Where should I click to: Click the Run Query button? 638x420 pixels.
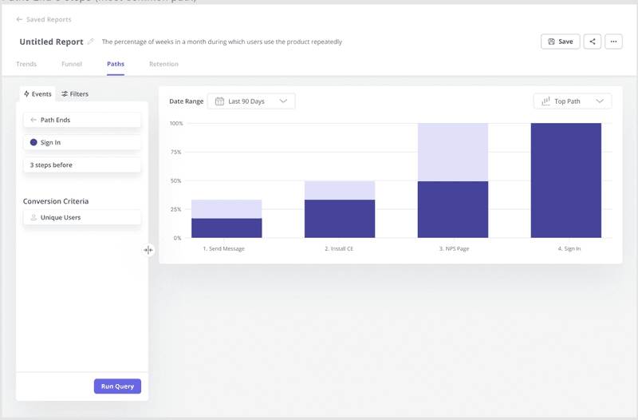coord(117,386)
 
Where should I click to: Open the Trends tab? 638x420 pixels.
coord(26,64)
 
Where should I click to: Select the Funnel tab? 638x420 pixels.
coord(72,64)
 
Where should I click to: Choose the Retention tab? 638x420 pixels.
coord(163,64)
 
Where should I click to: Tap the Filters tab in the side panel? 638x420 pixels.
coord(75,94)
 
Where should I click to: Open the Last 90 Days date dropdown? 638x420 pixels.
coord(251,101)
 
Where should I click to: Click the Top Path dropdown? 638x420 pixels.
coord(573,101)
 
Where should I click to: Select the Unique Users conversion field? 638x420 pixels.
coord(82,217)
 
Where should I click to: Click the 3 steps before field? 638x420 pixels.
coord(82,164)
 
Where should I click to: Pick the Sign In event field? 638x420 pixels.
coord(82,142)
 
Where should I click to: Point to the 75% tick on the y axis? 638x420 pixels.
coord(176,152)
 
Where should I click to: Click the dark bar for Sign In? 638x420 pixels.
coord(565,180)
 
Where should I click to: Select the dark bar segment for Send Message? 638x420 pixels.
coord(226,228)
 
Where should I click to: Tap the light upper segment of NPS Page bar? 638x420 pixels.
coord(452,152)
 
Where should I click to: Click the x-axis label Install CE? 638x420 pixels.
coord(339,249)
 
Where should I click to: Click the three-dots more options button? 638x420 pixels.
coord(613,42)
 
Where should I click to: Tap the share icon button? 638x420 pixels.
coord(592,42)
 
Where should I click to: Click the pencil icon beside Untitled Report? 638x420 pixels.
coord(91,42)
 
